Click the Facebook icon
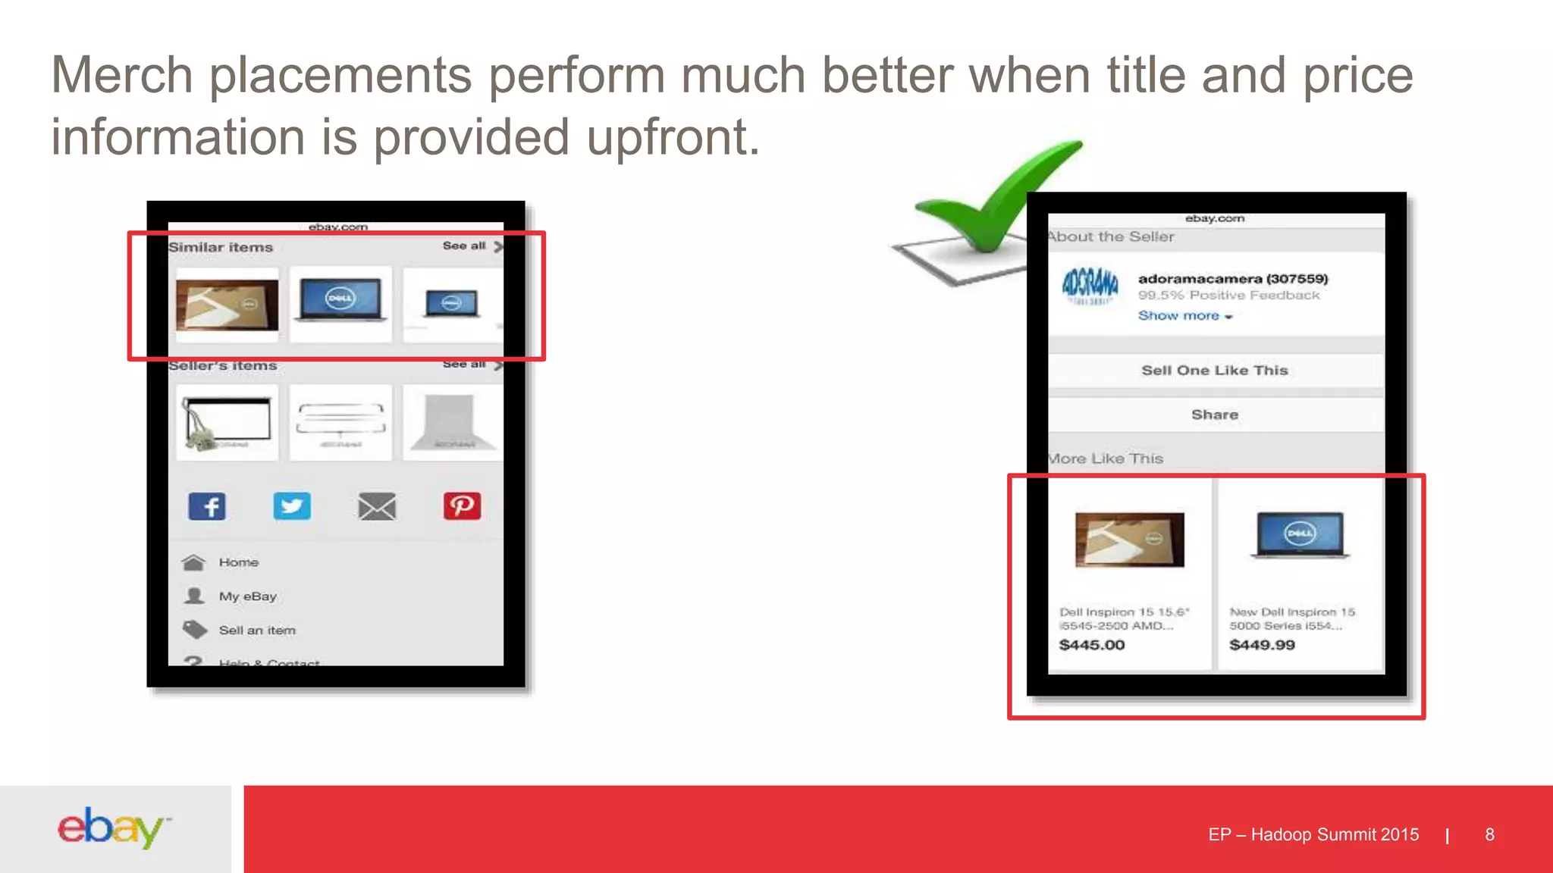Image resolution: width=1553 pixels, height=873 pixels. tap(207, 506)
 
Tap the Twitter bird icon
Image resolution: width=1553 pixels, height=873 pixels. tap(292, 506)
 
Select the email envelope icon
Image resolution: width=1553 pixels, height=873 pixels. tap(377, 506)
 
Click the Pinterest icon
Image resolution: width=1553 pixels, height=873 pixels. tap(462, 506)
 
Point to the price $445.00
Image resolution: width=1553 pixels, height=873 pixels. tap(1092, 645)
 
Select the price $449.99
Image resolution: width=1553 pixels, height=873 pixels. tap(1262, 645)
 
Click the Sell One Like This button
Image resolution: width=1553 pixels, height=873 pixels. tap(1215, 371)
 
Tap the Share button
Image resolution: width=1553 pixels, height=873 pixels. tap(1215, 415)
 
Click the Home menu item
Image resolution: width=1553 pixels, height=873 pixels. tap(238, 562)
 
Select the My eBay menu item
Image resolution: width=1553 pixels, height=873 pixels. tap(247, 596)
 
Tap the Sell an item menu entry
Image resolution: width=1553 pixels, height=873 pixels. tap(256, 630)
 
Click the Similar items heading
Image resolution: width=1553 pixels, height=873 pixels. tap(221, 248)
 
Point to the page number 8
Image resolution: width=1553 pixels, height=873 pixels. tap(1489, 834)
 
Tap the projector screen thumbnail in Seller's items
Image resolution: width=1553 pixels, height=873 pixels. tap(227, 423)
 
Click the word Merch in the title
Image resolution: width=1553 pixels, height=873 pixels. tap(121, 76)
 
